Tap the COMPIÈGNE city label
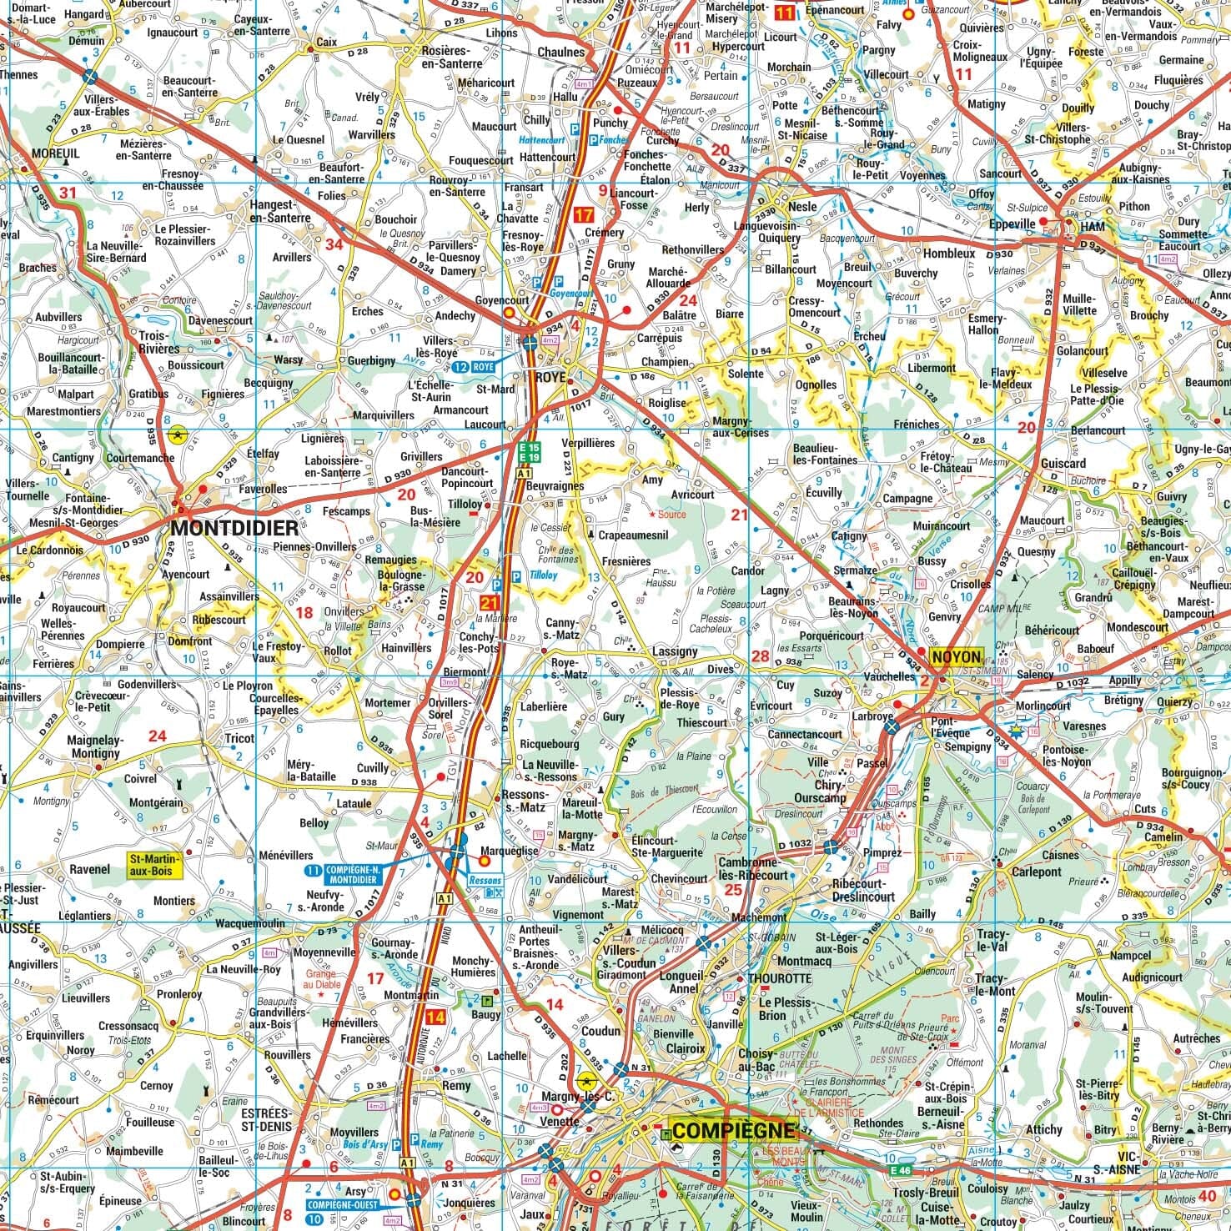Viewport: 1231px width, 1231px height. point(733,1131)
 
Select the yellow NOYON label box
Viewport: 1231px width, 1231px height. point(957,656)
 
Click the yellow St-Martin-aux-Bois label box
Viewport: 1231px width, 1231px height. point(153,864)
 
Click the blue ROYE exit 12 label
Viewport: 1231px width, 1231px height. point(475,366)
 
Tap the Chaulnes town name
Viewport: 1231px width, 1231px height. point(561,52)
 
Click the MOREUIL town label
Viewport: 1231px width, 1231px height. point(55,153)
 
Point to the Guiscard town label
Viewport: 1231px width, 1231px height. point(1063,463)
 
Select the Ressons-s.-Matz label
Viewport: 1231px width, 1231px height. point(523,801)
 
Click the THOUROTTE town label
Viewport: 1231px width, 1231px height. point(780,978)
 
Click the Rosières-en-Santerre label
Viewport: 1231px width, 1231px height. point(452,57)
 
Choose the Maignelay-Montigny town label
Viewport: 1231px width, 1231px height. point(96,746)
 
